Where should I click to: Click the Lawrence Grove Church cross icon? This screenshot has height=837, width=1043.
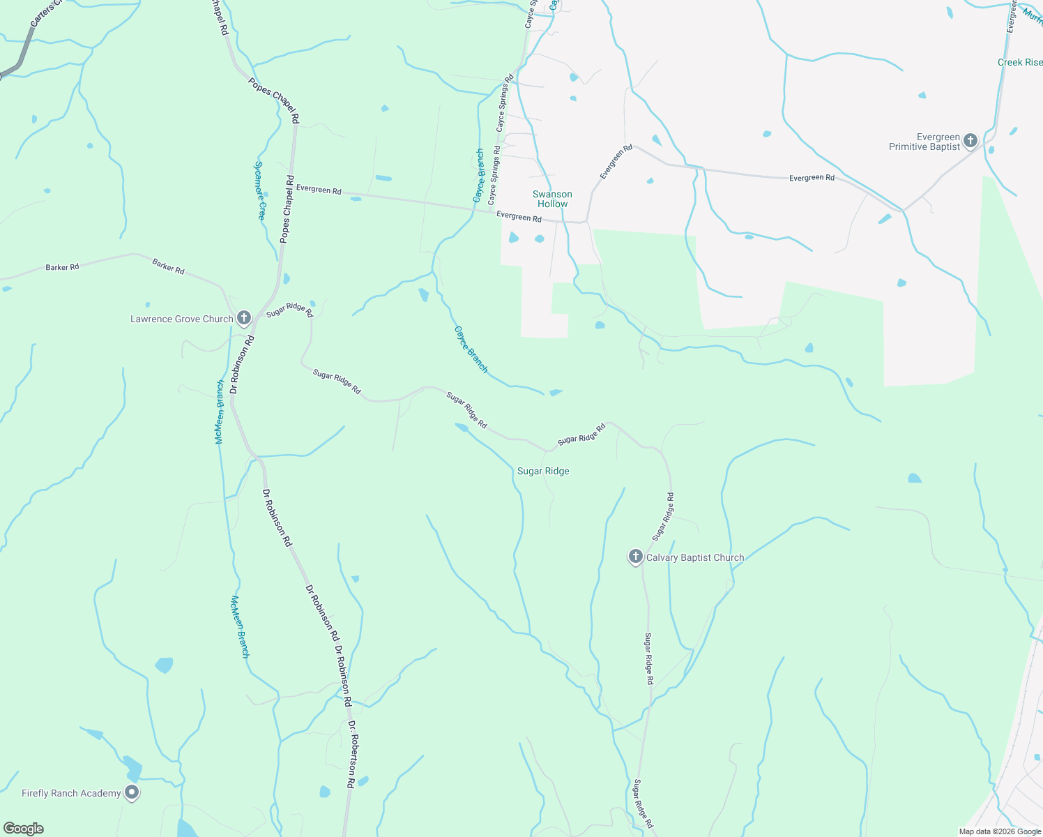click(x=243, y=318)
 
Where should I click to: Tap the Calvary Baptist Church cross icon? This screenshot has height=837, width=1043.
click(x=635, y=557)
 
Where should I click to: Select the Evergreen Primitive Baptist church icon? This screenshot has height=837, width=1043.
click(x=970, y=142)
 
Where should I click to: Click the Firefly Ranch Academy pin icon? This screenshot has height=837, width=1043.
click(x=131, y=792)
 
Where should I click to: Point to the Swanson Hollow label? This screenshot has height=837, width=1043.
click(x=552, y=199)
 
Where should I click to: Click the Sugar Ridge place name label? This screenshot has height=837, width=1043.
click(x=543, y=472)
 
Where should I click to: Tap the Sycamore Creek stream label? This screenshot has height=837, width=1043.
click(x=259, y=190)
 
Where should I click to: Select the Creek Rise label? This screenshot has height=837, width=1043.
click(x=1019, y=62)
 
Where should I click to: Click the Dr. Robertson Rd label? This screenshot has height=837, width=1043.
click(x=351, y=754)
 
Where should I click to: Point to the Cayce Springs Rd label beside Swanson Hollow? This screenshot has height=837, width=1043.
click(x=494, y=174)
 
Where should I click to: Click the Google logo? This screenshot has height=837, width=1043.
click(x=24, y=829)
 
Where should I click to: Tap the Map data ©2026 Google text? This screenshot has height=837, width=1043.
click(x=1000, y=831)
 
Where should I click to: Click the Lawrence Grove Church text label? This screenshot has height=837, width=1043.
click(x=182, y=319)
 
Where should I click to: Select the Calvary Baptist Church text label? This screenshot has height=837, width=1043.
click(x=695, y=557)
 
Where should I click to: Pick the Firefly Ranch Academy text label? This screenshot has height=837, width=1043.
click(x=71, y=793)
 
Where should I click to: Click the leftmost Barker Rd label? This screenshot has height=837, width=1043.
click(x=62, y=267)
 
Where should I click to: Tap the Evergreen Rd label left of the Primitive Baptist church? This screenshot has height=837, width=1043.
click(x=812, y=178)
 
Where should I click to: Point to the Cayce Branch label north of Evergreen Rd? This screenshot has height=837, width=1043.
click(x=479, y=176)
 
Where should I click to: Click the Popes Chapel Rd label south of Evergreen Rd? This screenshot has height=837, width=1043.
click(x=287, y=209)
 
